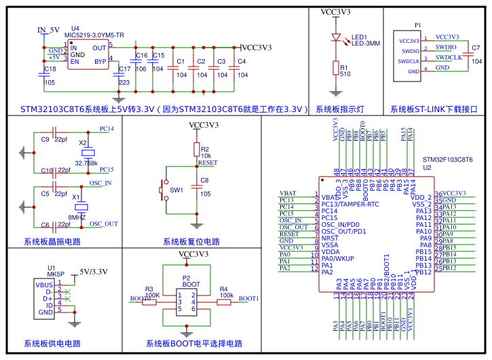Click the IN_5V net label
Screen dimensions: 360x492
click(x=49, y=30)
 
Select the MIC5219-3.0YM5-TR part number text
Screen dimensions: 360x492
click(x=94, y=35)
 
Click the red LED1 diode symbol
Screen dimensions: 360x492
click(x=335, y=38)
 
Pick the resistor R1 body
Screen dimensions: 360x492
click(x=335, y=67)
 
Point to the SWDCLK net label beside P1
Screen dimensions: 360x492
click(x=449, y=58)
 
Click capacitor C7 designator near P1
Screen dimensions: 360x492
click(x=476, y=48)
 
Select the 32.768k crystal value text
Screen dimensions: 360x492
click(x=86, y=163)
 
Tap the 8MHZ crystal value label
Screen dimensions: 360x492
click(x=77, y=217)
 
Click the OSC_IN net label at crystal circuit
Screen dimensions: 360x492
click(x=101, y=183)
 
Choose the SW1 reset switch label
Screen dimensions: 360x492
click(x=176, y=190)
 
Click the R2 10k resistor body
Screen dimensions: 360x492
click(x=197, y=149)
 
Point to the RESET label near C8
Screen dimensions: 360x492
click(x=207, y=163)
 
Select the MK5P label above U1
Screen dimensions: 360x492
click(x=56, y=274)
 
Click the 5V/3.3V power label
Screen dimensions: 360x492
click(x=94, y=272)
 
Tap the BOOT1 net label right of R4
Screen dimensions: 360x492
click(x=248, y=298)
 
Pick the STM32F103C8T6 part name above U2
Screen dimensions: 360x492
click(x=447, y=160)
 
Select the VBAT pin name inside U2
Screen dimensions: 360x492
click(x=329, y=197)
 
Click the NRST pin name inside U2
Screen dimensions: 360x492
click(x=329, y=238)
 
